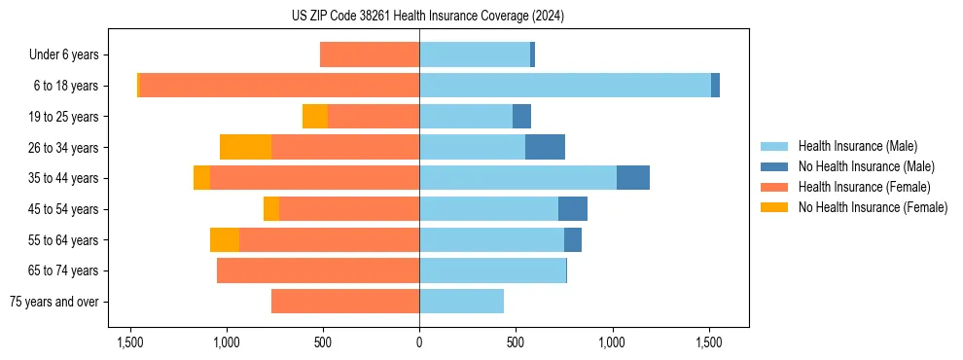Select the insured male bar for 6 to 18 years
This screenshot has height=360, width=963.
565,86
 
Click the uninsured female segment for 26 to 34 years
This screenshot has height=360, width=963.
245,147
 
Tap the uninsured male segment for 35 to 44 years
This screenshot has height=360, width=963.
632,178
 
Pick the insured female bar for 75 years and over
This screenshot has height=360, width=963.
345,302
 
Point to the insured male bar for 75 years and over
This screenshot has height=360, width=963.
461,302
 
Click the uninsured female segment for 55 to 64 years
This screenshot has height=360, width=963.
225,239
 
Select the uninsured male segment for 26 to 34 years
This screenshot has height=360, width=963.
545,147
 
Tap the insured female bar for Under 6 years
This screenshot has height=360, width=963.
370,54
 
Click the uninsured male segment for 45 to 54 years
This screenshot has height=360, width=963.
573,209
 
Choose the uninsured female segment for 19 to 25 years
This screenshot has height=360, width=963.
315,117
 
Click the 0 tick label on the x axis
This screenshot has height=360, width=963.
419,342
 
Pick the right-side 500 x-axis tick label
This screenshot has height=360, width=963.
516,342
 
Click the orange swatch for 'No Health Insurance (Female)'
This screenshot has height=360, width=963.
775,207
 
